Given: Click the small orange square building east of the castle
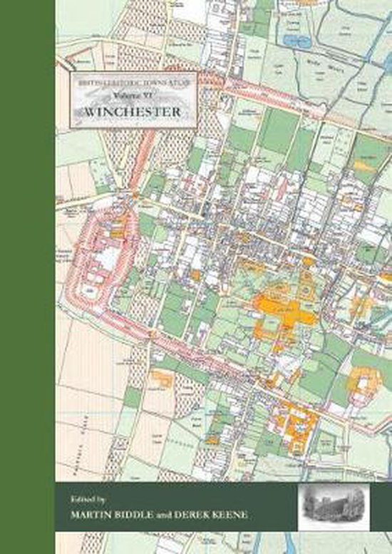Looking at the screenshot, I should pyautogui.click(x=195, y=275).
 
